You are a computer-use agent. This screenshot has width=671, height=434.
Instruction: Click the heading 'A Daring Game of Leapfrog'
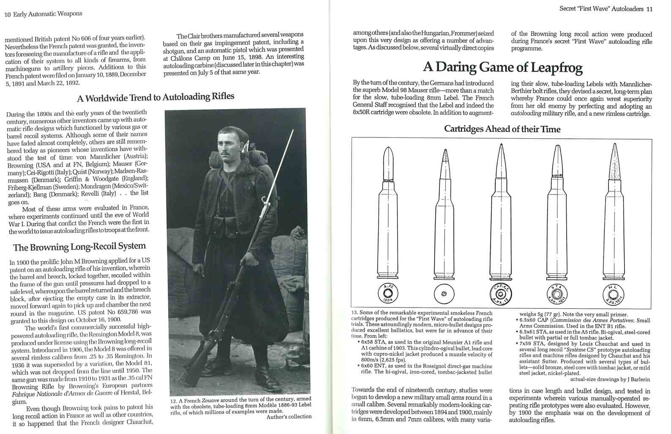(x=503, y=68)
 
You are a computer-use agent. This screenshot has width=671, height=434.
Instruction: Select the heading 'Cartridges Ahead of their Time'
(x=502, y=129)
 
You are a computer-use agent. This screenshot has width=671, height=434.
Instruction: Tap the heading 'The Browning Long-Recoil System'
(x=79, y=247)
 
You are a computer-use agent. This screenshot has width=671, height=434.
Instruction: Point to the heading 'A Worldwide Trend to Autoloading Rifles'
(x=155, y=97)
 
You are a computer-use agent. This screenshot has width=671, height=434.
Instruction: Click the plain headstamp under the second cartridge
(x=444, y=294)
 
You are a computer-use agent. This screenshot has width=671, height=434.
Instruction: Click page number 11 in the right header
(x=649, y=8)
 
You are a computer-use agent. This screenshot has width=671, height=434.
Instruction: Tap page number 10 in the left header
(x=8, y=14)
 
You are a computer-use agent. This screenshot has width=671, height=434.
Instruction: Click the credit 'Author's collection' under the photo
(x=289, y=417)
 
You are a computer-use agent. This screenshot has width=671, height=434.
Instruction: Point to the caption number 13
(x=355, y=313)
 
